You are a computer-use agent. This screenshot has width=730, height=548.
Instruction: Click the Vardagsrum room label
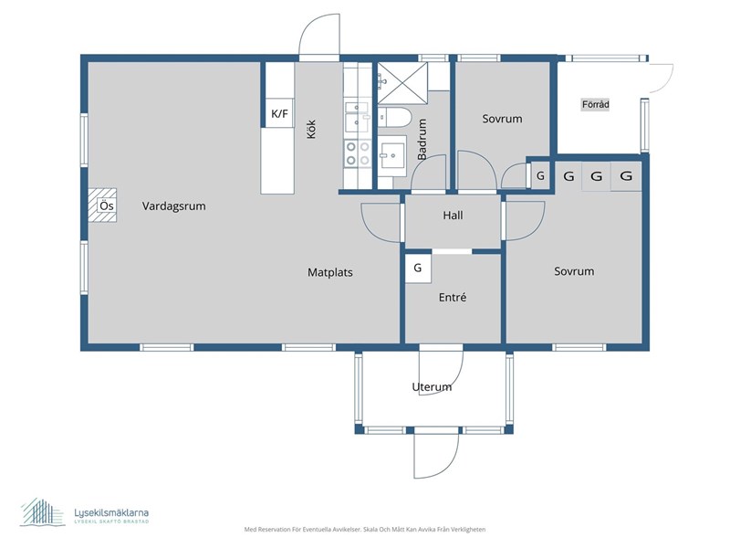click(x=173, y=206)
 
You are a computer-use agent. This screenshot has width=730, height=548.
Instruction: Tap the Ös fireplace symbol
click(x=103, y=205)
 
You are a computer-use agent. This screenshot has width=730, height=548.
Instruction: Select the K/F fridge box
click(x=279, y=113)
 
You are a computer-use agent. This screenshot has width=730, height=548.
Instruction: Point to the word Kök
click(x=311, y=130)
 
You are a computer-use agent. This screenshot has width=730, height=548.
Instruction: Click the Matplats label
click(x=330, y=272)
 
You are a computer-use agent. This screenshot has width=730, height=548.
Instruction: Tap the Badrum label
click(x=422, y=140)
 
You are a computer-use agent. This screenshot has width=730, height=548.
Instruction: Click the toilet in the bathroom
click(x=394, y=118)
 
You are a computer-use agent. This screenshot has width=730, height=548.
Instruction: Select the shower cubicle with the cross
click(x=402, y=83)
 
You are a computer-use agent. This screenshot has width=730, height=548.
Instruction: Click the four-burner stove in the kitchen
click(x=358, y=153)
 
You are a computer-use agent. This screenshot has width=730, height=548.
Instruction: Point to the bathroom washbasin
click(x=392, y=155)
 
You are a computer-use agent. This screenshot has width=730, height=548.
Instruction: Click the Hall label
click(x=453, y=216)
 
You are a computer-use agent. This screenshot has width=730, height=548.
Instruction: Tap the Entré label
click(x=453, y=298)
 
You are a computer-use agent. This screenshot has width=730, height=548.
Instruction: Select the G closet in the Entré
click(x=418, y=268)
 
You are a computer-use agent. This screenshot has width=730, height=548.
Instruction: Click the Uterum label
click(x=432, y=386)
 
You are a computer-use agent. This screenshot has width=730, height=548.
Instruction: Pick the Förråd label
click(x=596, y=104)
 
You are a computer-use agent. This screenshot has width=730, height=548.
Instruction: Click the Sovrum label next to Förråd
click(x=502, y=119)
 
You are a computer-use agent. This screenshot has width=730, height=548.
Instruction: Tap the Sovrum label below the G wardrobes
click(x=574, y=271)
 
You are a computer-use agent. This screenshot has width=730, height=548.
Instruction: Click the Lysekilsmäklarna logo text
click(x=111, y=513)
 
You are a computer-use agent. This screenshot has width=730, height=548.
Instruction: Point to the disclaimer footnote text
click(x=365, y=530)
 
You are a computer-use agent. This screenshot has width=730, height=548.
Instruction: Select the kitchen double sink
click(x=358, y=117)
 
